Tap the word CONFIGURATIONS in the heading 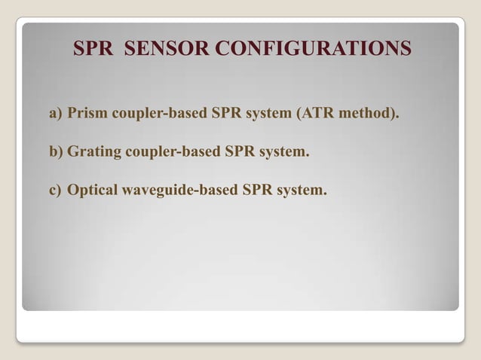pos(313,50)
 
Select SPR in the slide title pos(92,50)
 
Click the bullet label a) pos(56,115)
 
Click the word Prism pos(87,115)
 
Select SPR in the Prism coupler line pos(220,115)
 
